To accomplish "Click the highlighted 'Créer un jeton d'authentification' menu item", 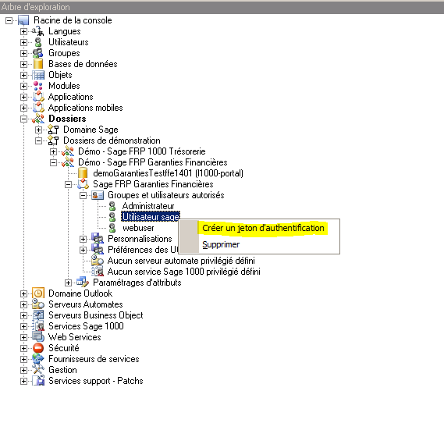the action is pyautogui.click(x=263, y=228).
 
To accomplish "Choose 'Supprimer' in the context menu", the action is pyautogui.click(x=221, y=244).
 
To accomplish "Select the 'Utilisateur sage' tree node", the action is pyautogui.click(x=151, y=217).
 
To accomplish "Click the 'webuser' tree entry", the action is pyautogui.click(x=138, y=228).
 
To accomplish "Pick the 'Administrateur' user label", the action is pyautogui.click(x=148, y=206).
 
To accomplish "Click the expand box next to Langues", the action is pyautogui.click(x=23, y=31).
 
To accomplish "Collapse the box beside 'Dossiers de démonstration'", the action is pyautogui.click(x=38, y=140).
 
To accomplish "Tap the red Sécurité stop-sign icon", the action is pyautogui.click(x=38, y=348).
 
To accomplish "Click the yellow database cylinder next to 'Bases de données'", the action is pyautogui.click(x=38, y=64).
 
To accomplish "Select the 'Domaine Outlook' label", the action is pyautogui.click(x=80, y=293).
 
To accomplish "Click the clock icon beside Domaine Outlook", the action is pyautogui.click(x=38, y=293).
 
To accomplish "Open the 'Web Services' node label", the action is pyautogui.click(x=75, y=337).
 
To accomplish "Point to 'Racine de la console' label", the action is pyautogui.click(x=73, y=20).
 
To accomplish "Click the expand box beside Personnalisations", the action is pyautogui.click(x=83, y=239).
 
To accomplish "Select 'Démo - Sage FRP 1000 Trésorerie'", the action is pyautogui.click(x=142, y=151).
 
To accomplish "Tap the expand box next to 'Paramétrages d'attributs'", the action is pyautogui.click(x=68, y=283).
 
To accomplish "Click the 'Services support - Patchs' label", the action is pyautogui.click(x=96, y=381).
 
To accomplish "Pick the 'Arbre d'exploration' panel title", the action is pyautogui.click(x=35, y=7).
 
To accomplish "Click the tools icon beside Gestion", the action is pyautogui.click(x=38, y=370).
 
